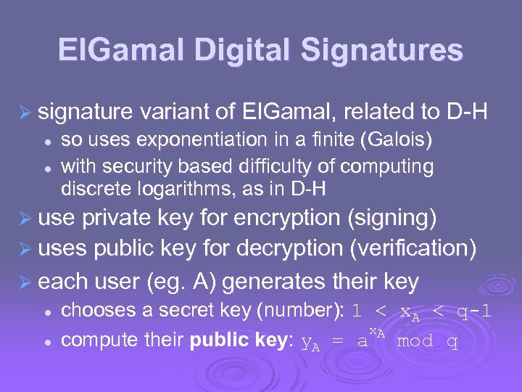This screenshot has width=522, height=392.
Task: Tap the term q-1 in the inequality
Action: pyautogui.click(x=474, y=311)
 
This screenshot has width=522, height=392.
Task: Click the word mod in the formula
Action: pyautogui.click(x=416, y=340)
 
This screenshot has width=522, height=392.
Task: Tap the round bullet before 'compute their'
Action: pyautogui.click(x=45, y=340)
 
